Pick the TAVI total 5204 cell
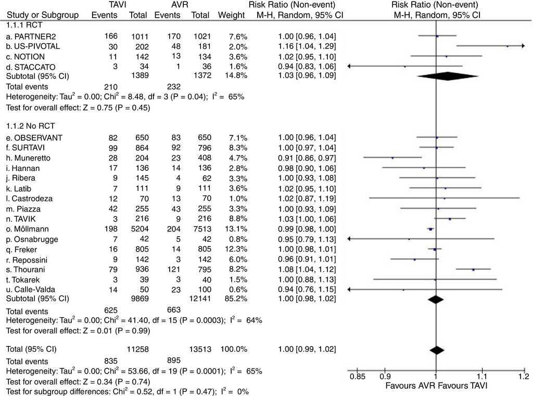pos(137,229)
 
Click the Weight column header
pos(232,15)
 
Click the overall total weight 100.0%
pos(233,349)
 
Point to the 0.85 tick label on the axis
pos(357,376)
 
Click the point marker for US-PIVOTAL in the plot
pos(507,46)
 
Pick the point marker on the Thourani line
pos(473,269)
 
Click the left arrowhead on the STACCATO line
pos(349,66)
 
